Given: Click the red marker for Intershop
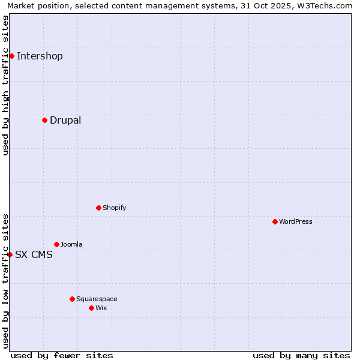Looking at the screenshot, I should [11, 56].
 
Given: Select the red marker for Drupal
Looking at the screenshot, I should [44, 120].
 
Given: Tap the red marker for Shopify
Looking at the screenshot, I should [98, 208].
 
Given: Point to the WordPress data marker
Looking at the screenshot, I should [275, 221].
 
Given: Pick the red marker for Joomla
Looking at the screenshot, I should [56, 244].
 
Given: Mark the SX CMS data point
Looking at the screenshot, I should [10, 254].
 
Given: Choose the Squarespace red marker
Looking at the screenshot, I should [72, 299].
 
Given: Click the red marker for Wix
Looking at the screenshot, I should [91, 308].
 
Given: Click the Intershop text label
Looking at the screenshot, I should [40, 56].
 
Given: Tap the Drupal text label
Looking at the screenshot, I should [65, 120].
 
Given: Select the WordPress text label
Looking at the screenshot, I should [296, 221].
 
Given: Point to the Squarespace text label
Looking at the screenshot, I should [97, 299].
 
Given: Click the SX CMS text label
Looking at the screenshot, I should [34, 254].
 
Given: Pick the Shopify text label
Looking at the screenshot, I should [114, 208].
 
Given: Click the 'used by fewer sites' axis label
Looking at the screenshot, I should [62, 355].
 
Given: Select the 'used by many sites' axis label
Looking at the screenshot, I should [301, 355].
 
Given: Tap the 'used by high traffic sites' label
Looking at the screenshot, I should [5, 85].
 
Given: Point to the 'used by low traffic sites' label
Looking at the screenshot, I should [5, 281].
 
